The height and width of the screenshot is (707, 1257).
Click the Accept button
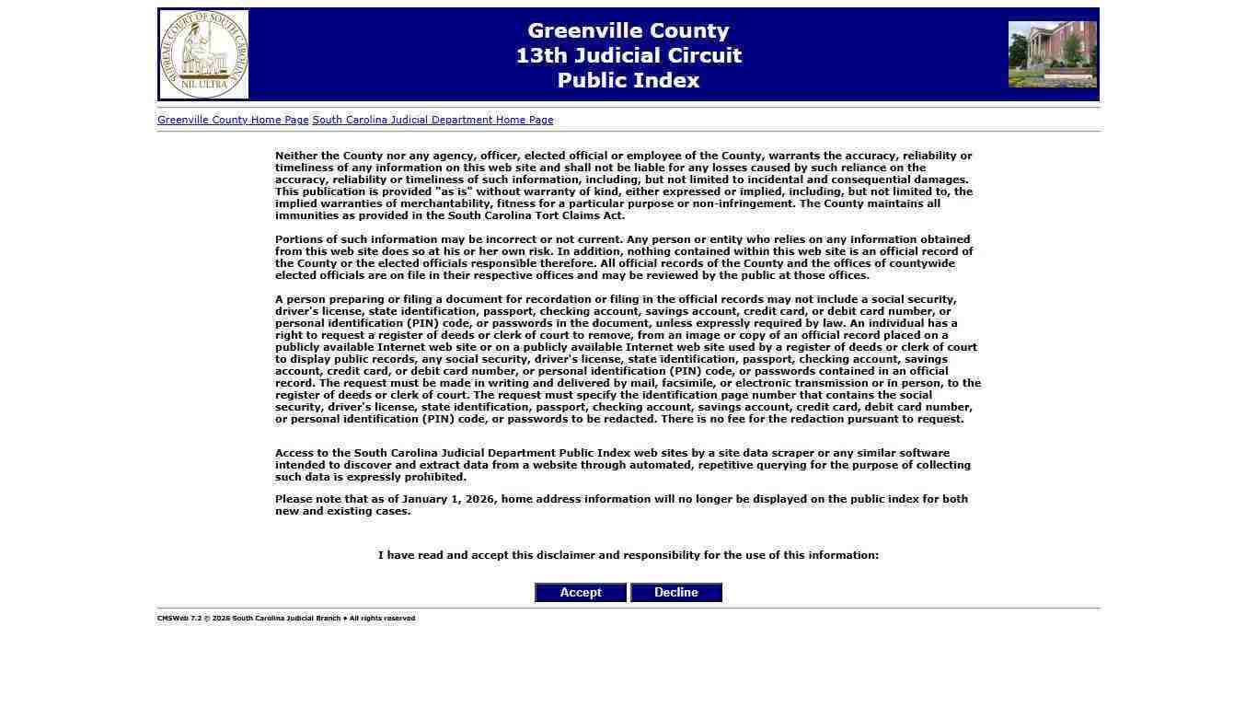[x=581, y=593]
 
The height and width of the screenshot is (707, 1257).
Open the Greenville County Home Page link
[x=233, y=120]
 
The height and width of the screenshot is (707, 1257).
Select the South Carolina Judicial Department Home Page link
[x=432, y=120]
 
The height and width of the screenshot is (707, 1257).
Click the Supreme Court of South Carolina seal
[x=203, y=54]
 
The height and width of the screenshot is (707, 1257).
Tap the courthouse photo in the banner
[x=1052, y=54]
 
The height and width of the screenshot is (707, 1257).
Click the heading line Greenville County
[x=628, y=31]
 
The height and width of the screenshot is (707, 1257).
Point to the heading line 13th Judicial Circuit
[x=628, y=56]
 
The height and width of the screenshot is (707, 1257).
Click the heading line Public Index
[x=628, y=81]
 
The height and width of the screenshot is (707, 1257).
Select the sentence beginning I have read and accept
[x=628, y=555]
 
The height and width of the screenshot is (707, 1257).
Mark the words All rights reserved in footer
[x=382, y=619]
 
